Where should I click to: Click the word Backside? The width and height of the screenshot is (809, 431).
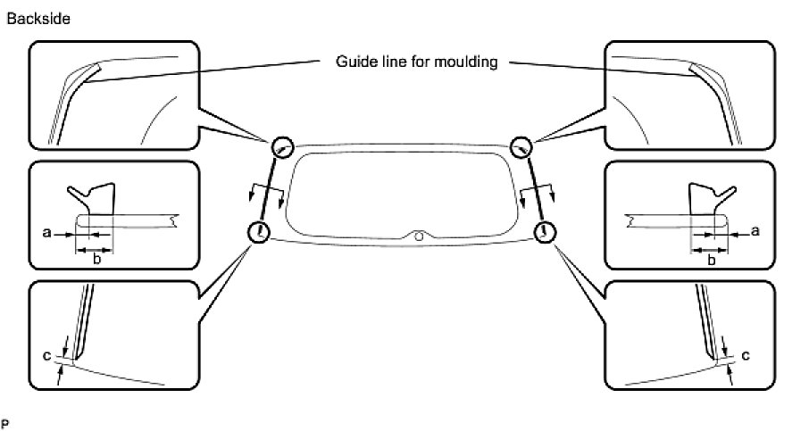click(x=39, y=18)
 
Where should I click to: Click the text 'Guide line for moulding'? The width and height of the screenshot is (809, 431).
click(x=416, y=62)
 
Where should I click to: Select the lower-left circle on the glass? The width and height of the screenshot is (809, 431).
click(x=259, y=232)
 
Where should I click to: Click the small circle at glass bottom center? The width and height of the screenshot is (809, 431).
click(x=419, y=236)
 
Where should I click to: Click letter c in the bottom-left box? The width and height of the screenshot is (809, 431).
click(x=46, y=356)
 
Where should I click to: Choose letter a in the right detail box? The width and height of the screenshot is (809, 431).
click(x=755, y=231)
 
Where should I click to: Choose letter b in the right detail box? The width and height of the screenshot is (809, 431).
click(x=712, y=261)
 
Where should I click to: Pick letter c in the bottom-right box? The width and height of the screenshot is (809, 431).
click(x=744, y=355)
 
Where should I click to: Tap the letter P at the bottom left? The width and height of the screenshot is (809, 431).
click(x=4, y=420)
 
